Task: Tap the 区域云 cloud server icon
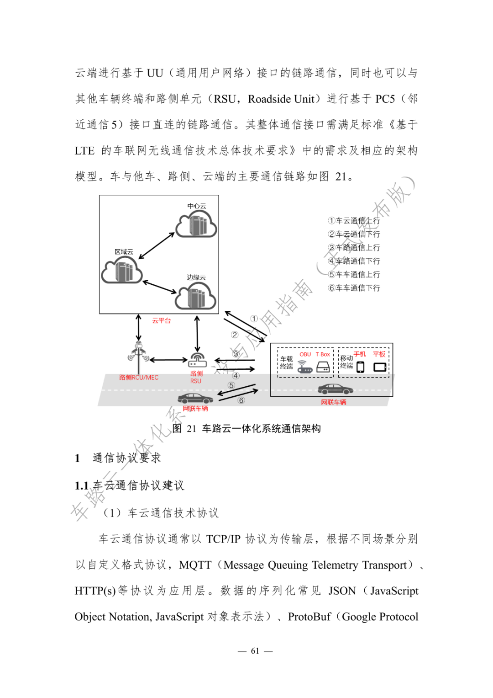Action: [x=122, y=270]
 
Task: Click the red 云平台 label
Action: [x=162, y=321]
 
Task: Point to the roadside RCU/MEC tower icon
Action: [x=138, y=353]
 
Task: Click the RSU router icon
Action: [x=197, y=360]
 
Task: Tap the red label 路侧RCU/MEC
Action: [x=139, y=378]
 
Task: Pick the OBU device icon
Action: [x=304, y=367]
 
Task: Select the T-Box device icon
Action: [x=323, y=367]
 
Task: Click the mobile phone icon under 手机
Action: [x=361, y=367]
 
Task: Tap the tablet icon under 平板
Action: [x=380, y=367]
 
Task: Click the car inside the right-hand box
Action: [x=336, y=389]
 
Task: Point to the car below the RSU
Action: [x=195, y=398]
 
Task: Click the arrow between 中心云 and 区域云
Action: [x=157, y=246]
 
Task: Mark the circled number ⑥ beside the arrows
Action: [x=241, y=400]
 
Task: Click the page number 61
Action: [x=255, y=651]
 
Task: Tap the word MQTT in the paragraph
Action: [x=195, y=565]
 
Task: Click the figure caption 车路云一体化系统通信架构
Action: [x=262, y=428]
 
